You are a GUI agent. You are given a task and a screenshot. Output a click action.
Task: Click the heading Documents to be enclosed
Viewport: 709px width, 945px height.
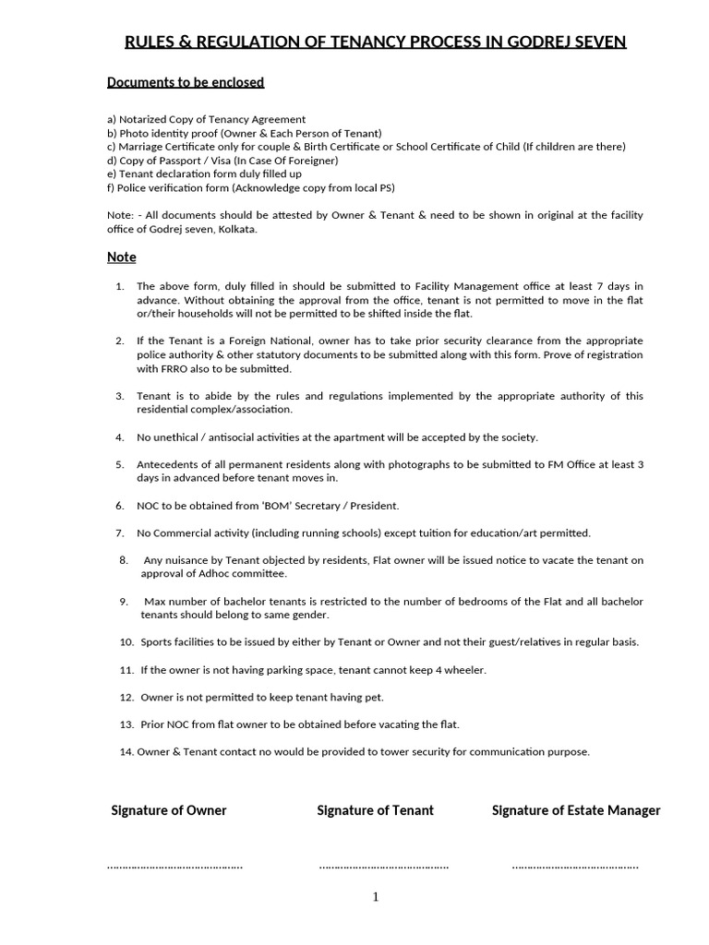(186, 82)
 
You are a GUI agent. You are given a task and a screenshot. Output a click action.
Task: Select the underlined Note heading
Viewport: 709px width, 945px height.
(121, 257)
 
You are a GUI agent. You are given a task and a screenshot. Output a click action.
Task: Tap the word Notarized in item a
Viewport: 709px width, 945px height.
(146, 120)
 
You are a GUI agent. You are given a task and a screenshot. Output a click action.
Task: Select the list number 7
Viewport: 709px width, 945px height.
(120, 533)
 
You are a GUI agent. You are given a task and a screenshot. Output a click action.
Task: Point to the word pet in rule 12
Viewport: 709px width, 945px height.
(373, 697)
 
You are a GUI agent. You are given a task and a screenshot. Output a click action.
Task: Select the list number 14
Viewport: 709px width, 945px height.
(126, 751)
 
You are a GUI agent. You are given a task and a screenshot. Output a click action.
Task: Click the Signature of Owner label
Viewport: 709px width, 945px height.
(169, 810)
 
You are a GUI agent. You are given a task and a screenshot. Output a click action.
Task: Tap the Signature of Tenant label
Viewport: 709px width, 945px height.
(375, 810)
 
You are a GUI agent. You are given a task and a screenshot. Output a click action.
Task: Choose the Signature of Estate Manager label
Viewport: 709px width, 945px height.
(576, 810)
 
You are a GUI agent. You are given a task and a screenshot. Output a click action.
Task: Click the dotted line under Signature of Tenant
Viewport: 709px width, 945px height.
(384, 867)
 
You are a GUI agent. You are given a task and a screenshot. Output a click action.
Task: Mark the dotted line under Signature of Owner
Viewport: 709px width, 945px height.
(175, 867)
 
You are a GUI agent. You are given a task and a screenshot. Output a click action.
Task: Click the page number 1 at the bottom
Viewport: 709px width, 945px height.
(376, 898)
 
